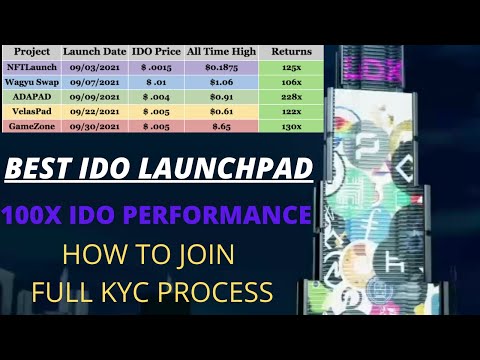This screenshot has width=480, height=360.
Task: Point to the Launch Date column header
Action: (x=94, y=50)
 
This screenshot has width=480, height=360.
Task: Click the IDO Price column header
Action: (x=154, y=50)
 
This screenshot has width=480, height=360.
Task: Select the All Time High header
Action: (x=222, y=50)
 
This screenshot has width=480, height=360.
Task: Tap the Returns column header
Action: (x=291, y=50)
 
